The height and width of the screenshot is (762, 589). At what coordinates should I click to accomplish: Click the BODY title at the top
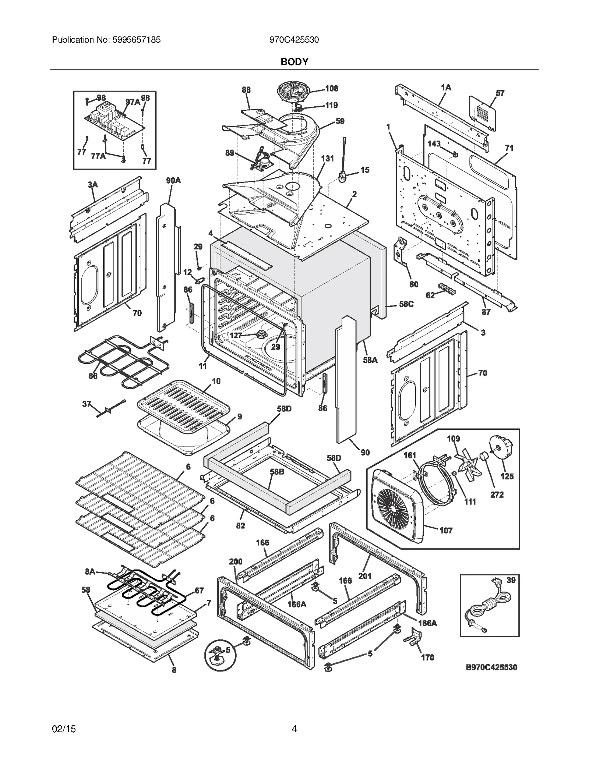[294, 62]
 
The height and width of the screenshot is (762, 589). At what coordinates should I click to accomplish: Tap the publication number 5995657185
[135, 40]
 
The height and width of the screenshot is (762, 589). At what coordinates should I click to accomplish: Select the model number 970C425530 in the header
[294, 40]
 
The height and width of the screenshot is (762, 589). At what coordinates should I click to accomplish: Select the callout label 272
[497, 495]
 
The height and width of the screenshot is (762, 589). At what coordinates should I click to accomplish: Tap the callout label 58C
[406, 304]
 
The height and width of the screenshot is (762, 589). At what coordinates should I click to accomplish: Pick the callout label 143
[434, 143]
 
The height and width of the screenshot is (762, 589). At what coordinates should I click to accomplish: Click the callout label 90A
[173, 181]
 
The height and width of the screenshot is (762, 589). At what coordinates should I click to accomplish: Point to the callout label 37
[87, 404]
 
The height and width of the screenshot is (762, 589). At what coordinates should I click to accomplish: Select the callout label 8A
[90, 571]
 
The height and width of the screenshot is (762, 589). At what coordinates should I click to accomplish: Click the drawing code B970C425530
[491, 667]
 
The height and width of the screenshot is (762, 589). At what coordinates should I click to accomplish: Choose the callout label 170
[427, 657]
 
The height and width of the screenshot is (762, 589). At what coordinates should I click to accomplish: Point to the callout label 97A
[133, 102]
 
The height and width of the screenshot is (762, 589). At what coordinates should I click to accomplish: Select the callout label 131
[327, 159]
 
